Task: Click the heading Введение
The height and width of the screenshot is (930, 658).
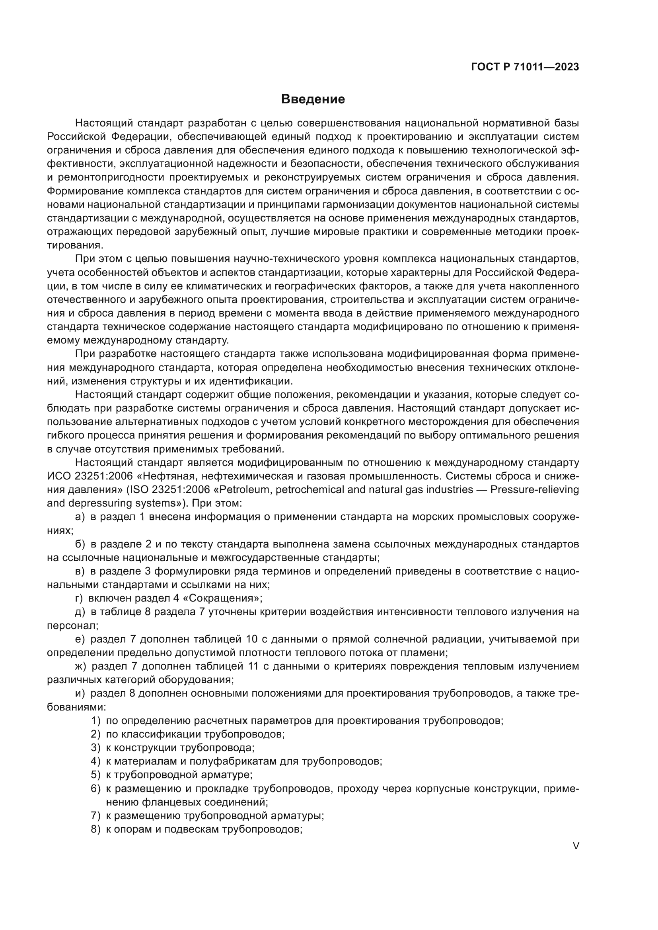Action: pos(313,99)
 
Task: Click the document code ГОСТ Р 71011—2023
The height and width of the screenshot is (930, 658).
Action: pos(525,67)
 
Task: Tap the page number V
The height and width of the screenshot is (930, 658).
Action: pos(576,846)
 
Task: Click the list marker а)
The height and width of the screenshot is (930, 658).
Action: pos(80,517)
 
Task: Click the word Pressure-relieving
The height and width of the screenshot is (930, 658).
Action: pos(534,490)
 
